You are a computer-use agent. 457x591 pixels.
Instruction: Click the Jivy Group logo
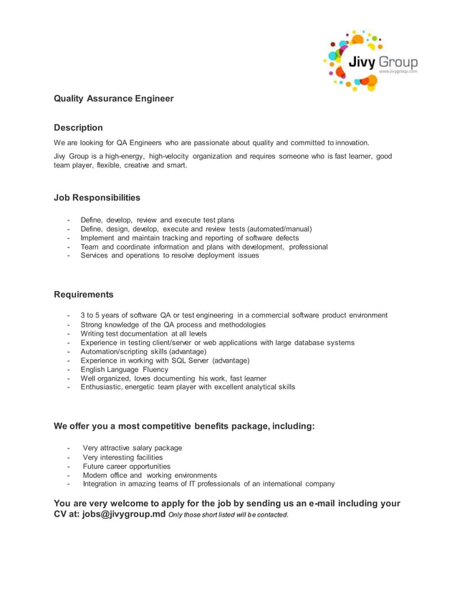click(370, 61)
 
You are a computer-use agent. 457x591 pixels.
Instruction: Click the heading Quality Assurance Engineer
click(114, 98)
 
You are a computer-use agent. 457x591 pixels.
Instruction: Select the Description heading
click(79, 127)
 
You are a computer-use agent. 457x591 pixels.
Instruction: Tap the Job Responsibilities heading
click(97, 197)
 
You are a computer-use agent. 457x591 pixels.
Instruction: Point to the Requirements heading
click(84, 294)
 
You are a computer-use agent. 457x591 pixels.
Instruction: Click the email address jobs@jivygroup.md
click(123, 514)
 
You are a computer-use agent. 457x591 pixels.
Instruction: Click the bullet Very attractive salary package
click(133, 448)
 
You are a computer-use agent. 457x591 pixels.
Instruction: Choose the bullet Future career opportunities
click(127, 466)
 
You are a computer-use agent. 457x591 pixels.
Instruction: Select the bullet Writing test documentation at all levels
click(143, 333)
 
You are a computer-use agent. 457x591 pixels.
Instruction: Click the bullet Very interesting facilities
click(122, 457)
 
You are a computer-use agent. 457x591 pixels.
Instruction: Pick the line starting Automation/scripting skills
click(143, 351)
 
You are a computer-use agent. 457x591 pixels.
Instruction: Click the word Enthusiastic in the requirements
click(104, 387)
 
